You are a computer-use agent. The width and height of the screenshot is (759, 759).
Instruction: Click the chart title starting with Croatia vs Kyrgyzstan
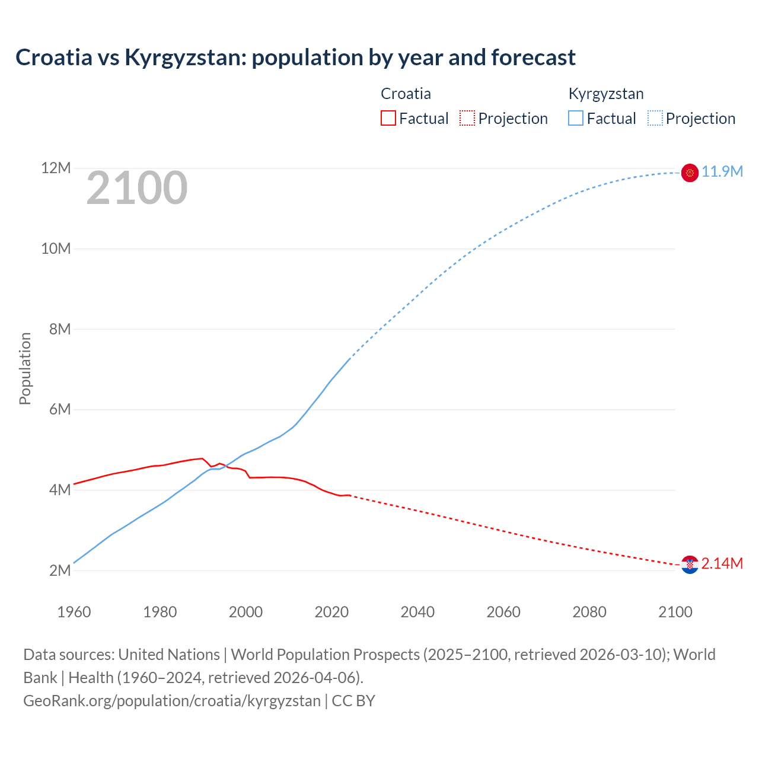point(295,58)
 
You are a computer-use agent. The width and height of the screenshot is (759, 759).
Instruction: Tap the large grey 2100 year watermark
point(137,188)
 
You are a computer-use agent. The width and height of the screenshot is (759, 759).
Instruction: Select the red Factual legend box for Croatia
point(388,118)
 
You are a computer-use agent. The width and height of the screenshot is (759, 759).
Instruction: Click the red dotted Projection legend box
point(467,118)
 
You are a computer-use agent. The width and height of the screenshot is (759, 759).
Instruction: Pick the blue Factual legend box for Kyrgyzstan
point(576,118)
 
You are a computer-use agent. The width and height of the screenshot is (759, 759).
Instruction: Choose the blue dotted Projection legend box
point(655,118)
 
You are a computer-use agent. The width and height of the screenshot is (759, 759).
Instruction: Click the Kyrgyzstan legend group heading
point(605,94)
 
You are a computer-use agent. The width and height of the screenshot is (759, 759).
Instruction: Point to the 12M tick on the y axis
point(56,168)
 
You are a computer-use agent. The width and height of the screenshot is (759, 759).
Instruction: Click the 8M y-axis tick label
point(60,329)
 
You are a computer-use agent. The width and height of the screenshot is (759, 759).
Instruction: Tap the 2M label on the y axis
point(60,570)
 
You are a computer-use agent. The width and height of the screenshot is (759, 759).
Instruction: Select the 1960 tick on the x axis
point(74,612)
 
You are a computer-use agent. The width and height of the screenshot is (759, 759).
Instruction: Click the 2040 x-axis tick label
point(417,612)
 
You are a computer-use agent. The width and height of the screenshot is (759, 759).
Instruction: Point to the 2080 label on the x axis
point(589,612)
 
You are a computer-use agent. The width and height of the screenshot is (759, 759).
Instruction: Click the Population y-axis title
point(25,368)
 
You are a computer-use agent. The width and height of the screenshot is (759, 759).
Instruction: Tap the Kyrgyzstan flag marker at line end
point(690,173)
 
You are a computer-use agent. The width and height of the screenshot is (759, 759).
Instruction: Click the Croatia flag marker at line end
point(690,565)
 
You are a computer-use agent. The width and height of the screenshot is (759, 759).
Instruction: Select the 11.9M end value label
point(722,172)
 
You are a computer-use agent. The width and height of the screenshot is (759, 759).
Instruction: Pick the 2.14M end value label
point(722,563)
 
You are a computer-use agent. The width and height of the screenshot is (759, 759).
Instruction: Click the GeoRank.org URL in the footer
point(172,701)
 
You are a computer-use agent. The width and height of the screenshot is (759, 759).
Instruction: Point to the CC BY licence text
point(353,701)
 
